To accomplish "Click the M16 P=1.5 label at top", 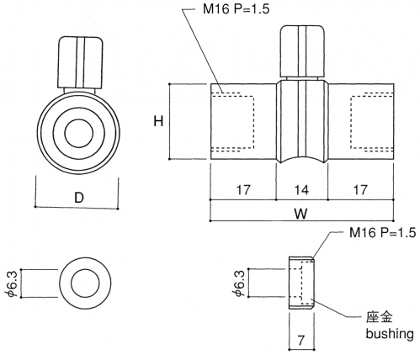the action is tap(236, 8).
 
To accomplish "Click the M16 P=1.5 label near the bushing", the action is tap(382, 232).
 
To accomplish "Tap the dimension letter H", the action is tap(158, 121).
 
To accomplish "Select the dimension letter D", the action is tap(79, 198).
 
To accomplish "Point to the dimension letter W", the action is tap(301, 214).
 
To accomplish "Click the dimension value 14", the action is tap(301, 190).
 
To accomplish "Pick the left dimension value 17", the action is tap(243, 190).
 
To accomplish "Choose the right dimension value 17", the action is tap(360, 190).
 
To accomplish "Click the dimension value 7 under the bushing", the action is tap(301, 341).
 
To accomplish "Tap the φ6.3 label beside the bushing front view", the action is tap(13, 283).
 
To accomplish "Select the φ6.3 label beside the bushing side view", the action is tap(239, 283).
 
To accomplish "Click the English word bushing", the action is tap(390, 334).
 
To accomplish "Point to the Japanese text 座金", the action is tap(380, 317).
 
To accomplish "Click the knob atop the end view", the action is tap(81, 62).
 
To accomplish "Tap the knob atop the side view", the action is tap(303, 51).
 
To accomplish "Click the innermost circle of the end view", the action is tap(79, 133).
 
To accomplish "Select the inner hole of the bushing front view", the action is tap(85, 283).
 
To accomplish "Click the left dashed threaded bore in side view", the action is tap(232, 122).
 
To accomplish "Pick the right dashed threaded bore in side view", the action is tap(372, 122).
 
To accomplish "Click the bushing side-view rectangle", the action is tap(301, 283).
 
